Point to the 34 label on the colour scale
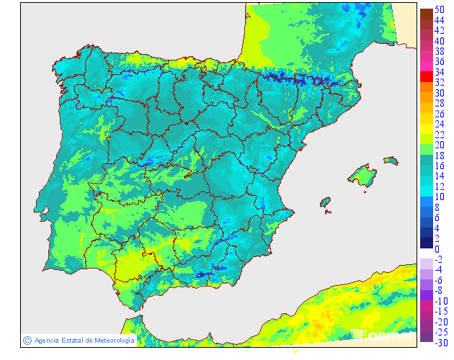pos(439,73)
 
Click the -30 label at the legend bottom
pos(439,343)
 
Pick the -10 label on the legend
pos(439,301)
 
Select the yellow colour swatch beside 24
pos(426,125)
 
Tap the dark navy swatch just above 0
pos(426,243)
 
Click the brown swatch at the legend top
pos(426,14)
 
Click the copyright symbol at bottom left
pos(27,340)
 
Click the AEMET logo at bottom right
pos(382,334)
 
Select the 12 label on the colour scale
pos(439,186)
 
